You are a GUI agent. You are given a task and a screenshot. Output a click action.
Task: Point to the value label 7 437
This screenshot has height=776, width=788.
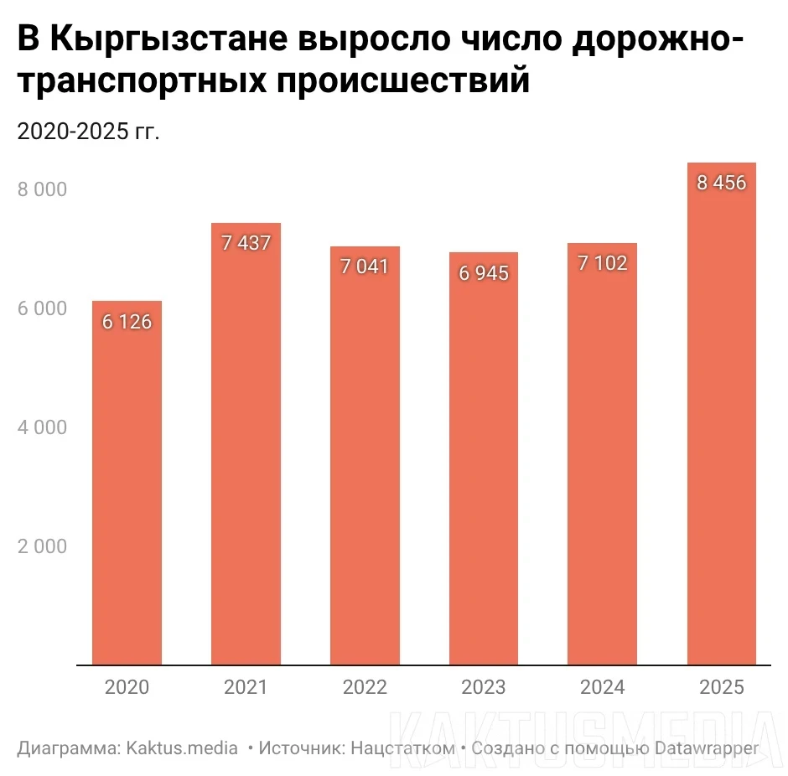tap(246, 244)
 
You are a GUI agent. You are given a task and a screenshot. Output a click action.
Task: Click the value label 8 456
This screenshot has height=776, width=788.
tap(721, 183)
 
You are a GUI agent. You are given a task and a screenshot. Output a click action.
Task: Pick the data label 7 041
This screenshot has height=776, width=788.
tap(365, 267)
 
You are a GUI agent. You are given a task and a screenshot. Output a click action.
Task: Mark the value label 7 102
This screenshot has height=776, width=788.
tap(602, 264)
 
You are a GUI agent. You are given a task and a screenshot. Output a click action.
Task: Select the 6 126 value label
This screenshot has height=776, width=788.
tap(127, 322)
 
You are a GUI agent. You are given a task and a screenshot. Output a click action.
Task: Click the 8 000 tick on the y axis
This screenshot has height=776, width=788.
tap(42, 190)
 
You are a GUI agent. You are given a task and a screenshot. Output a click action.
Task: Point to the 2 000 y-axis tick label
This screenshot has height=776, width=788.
tap(42, 547)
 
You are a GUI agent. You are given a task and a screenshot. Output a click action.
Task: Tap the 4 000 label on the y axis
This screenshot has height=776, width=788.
tap(42, 428)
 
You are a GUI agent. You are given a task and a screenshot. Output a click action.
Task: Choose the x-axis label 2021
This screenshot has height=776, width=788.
tap(246, 688)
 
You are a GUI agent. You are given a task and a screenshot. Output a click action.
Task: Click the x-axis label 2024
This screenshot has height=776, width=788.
tap(602, 688)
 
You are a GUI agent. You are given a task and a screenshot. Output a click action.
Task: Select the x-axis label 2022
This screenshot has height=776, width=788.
tap(365, 688)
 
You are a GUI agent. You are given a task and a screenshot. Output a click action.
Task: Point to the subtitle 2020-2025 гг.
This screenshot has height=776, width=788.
tap(88, 132)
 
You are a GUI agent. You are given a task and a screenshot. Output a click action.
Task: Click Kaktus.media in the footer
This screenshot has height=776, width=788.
tap(182, 748)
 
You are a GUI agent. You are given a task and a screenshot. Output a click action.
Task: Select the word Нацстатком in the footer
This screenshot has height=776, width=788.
tap(405, 748)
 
